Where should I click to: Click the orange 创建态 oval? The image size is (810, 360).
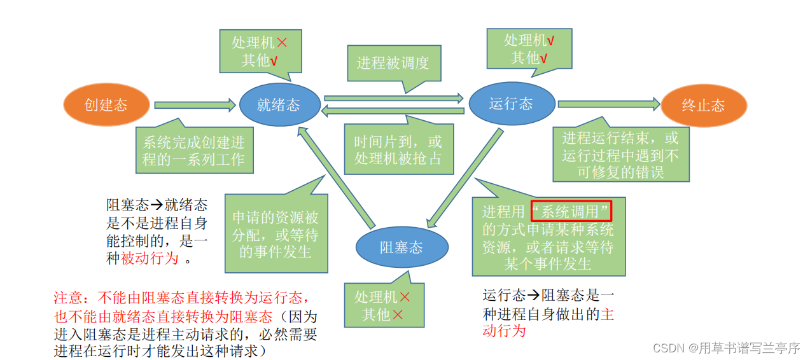pyautogui.click(x=106, y=105)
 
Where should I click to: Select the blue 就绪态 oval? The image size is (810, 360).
pyautogui.click(x=279, y=105)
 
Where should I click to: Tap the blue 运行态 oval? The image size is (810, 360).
pyautogui.click(x=511, y=104)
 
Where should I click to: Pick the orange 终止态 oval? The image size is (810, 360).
pyautogui.click(x=703, y=106)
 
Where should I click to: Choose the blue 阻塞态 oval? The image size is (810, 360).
pyautogui.click(x=401, y=247)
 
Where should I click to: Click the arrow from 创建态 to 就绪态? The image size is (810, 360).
pyautogui.click(x=195, y=105)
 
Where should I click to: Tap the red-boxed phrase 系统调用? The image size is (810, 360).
pyautogui.click(x=571, y=211)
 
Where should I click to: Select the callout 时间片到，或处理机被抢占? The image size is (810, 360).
pyautogui.click(x=398, y=150)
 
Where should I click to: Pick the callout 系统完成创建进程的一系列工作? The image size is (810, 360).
pyautogui.click(x=193, y=151)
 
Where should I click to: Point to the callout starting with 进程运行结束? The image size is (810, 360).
pyautogui.click(x=619, y=155)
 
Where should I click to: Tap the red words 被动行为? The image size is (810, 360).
pyautogui.click(x=150, y=259)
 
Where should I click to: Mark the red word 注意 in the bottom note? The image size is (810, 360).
pyautogui.click(x=67, y=298)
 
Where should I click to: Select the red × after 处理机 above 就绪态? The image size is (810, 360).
pyautogui.click(x=281, y=43)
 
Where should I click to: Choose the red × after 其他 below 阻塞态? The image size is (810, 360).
pyautogui.click(x=398, y=314)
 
